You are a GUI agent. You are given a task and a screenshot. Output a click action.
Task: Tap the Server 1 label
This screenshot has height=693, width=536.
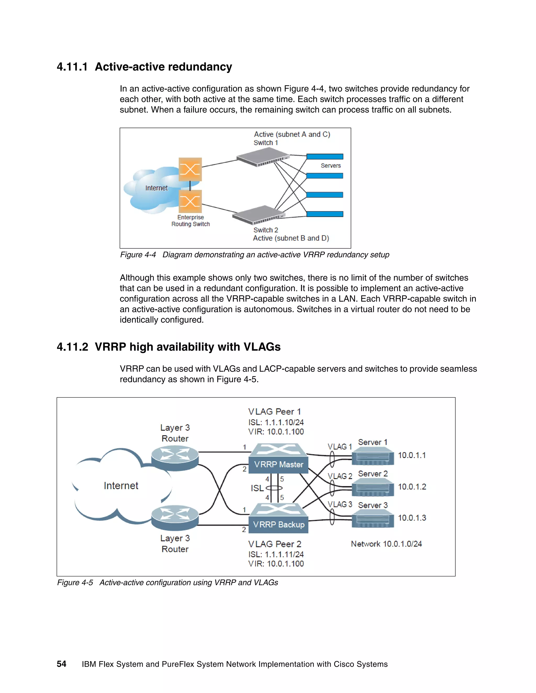(x=372, y=442)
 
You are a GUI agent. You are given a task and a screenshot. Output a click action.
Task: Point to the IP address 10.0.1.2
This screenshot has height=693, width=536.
(x=412, y=487)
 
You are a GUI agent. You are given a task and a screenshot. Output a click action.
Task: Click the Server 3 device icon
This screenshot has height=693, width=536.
(x=373, y=519)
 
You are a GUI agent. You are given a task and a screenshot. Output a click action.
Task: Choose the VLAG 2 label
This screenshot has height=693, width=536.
(x=340, y=476)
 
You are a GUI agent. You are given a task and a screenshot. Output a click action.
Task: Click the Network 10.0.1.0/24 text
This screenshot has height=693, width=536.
(x=386, y=544)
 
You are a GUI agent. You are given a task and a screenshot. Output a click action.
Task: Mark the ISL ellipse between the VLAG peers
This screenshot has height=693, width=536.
(x=274, y=488)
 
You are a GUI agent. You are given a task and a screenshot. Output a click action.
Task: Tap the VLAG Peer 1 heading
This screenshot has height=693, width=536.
(x=274, y=412)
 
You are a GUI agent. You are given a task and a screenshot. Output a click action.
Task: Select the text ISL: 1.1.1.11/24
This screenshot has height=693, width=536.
(x=276, y=554)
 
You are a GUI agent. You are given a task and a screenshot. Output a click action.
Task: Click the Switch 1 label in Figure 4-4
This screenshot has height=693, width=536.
(x=265, y=143)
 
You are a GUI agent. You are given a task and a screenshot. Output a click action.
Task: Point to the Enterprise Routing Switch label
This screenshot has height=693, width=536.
(x=191, y=220)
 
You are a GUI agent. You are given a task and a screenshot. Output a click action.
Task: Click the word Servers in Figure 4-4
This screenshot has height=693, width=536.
(x=331, y=166)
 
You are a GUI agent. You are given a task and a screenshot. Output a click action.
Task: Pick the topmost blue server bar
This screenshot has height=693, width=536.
(x=325, y=156)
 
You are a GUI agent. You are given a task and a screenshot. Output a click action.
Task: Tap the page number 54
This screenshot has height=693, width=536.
(x=61, y=664)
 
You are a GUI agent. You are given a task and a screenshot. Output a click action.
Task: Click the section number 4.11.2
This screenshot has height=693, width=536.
(x=72, y=347)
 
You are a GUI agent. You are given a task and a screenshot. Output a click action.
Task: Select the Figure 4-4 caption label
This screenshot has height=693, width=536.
(x=138, y=255)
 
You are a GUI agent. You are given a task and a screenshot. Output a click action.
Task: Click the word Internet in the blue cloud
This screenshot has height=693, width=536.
(x=156, y=188)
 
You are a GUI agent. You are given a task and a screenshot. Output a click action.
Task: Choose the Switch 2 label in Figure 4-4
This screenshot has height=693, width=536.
(x=265, y=230)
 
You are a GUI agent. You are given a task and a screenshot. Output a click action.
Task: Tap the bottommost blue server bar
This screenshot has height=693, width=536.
(x=325, y=214)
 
